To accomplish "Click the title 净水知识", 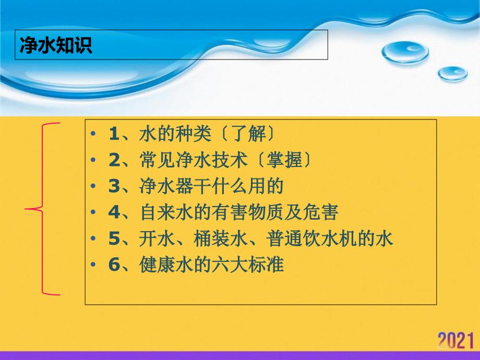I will pos(56,45).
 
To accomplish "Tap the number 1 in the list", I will pos(114,134).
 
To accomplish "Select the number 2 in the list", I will pos(114,160).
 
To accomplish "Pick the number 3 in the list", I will pos(114,186).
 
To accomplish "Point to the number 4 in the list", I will pos(114,212).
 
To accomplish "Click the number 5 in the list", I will pos(114,238).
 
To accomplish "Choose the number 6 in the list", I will pos(114,265).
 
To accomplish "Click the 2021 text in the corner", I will pos(455,340).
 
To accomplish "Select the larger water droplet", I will pos(405,52).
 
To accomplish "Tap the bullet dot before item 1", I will pos(93,134).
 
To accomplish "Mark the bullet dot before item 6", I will pos(93,265).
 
